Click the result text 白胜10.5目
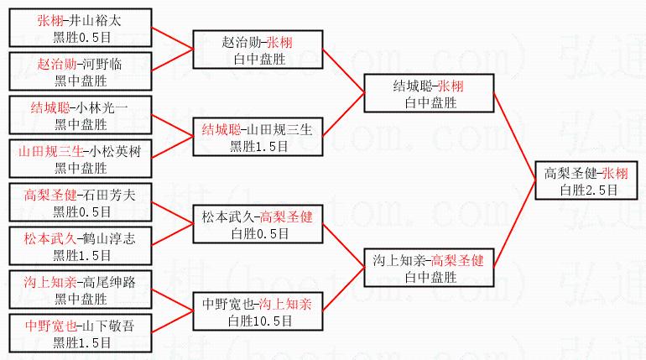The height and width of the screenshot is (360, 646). click(x=260, y=320)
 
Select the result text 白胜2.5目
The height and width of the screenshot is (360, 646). click(x=590, y=190)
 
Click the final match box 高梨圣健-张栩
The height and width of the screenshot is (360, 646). click(x=590, y=180)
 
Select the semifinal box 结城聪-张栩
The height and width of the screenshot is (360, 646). click(x=428, y=93)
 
